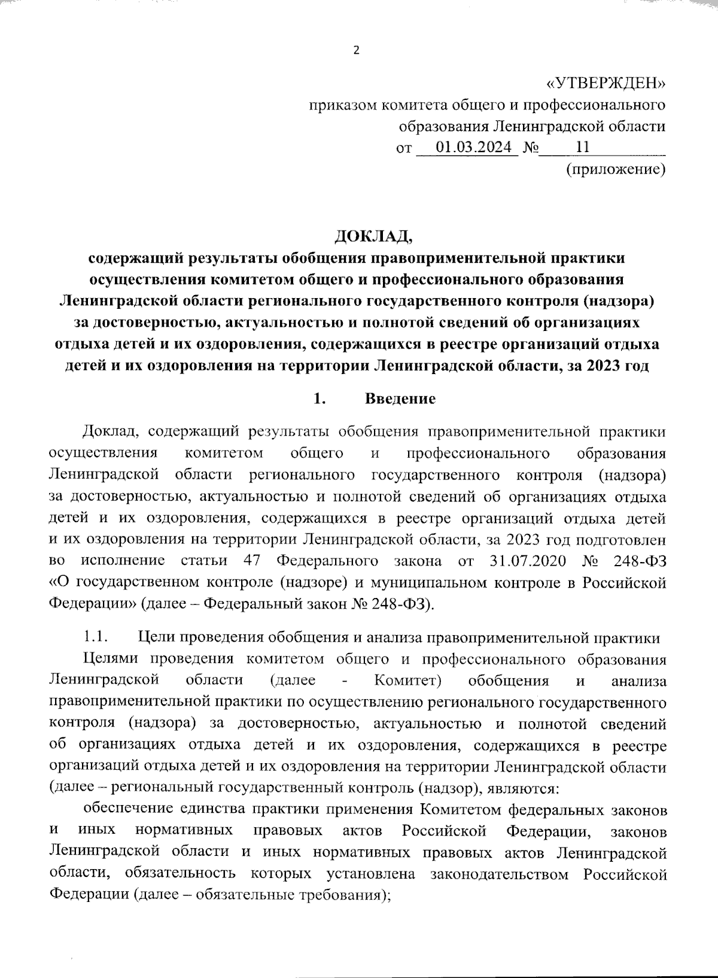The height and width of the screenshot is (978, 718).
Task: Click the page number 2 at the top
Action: (x=357, y=51)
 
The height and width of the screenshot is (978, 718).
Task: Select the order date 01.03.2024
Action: (x=473, y=147)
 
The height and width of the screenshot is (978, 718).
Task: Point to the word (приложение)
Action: (x=616, y=170)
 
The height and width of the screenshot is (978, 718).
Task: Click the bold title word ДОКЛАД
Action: (x=373, y=236)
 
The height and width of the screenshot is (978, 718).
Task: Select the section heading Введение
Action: (x=400, y=399)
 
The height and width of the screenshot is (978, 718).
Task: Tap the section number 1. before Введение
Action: (x=319, y=399)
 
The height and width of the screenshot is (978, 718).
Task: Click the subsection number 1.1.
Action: (x=95, y=637)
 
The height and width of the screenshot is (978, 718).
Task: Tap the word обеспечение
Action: (x=127, y=809)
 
